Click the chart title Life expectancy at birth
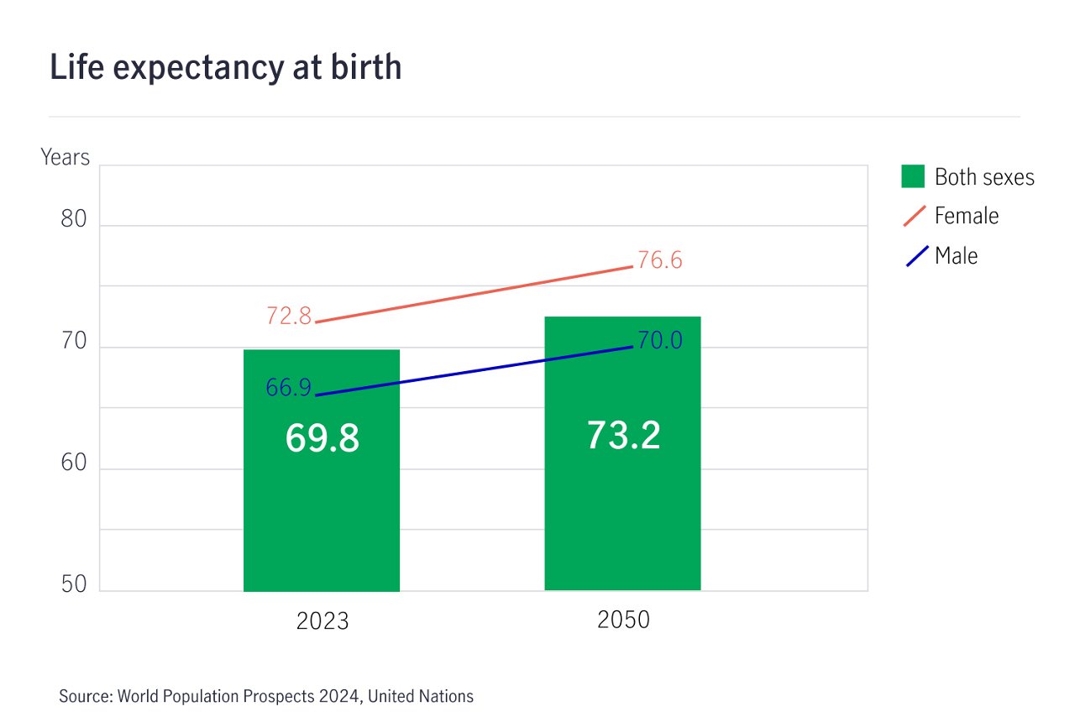pyautogui.click(x=225, y=67)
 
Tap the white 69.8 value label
pyautogui.click(x=322, y=438)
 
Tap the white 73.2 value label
pyautogui.click(x=622, y=435)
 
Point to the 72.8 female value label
pyautogui.click(x=289, y=316)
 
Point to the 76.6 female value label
pyautogui.click(x=659, y=260)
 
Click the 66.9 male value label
pyautogui.click(x=288, y=387)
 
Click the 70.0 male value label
pyautogui.click(x=659, y=341)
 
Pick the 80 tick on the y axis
pyautogui.click(x=74, y=220)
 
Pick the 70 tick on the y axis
pyautogui.click(x=74, y=341)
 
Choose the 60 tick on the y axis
pyautogui.click(x=74, y=463)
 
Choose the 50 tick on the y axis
pyautogui.click(x=74, y=585)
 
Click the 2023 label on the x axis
pyautogui.click(x=322, y=621)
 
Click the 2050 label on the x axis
pyautogui.click(x=623, y=620)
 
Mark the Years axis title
pyautogui.click(x=65, y=157)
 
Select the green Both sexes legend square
pyautogui.click(x=913, y=176)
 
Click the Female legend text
pyautogui.click(x=967, y=216)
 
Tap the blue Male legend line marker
pyautogui.click(x=917, y=255)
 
